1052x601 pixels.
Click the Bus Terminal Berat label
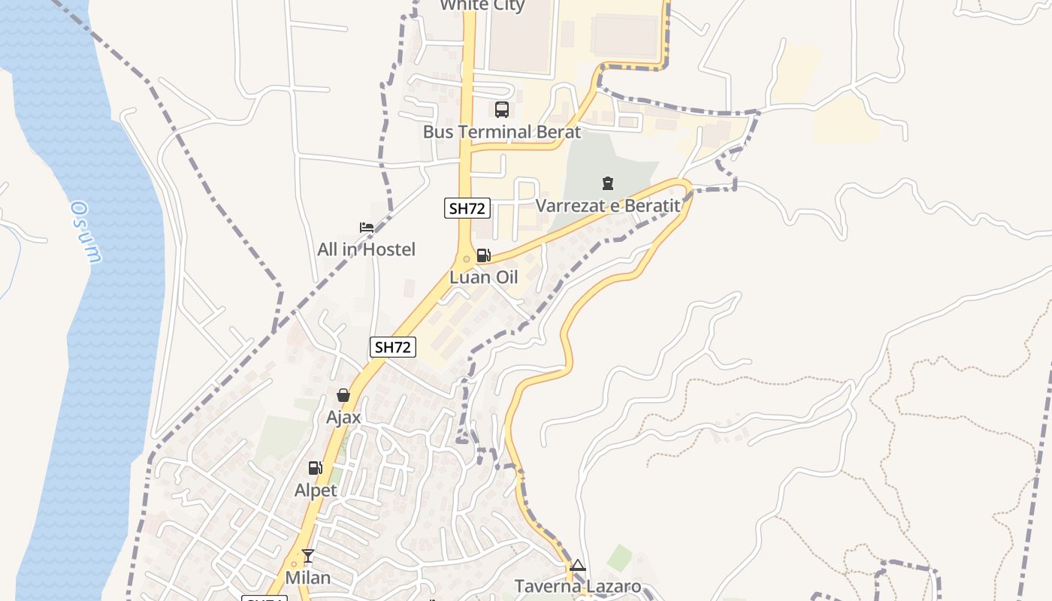(x=501, y=132)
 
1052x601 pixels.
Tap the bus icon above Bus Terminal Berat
(x=502, y=110)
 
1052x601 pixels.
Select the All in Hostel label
(x=366, y=249)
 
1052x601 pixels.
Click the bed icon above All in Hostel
(x=367, y=227)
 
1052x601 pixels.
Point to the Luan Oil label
(x=484, y=277)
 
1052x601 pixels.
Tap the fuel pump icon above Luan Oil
(x=484, y=255)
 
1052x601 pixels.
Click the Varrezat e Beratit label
(x=607, y=205)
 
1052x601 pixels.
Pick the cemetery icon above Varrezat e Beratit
(x=607, y=183)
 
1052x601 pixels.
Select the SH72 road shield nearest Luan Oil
(x=467, y=208)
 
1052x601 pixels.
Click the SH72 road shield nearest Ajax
(x=393, y=347)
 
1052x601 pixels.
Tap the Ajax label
(x=343, y=417)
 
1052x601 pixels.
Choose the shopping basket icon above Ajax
(x=343, y=395)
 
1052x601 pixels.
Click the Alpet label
(x=316, y=491)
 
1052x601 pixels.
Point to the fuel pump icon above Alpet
(x=316, y=468)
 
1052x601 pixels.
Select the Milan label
(x=308, y=578)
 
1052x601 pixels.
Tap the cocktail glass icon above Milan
(x=308, y=556)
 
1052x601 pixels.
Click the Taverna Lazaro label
(x=577, y=587)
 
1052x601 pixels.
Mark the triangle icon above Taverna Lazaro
(x=577, y=565)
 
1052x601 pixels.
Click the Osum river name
(x=86, y=232)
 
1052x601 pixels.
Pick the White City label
(x=482, y=6)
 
